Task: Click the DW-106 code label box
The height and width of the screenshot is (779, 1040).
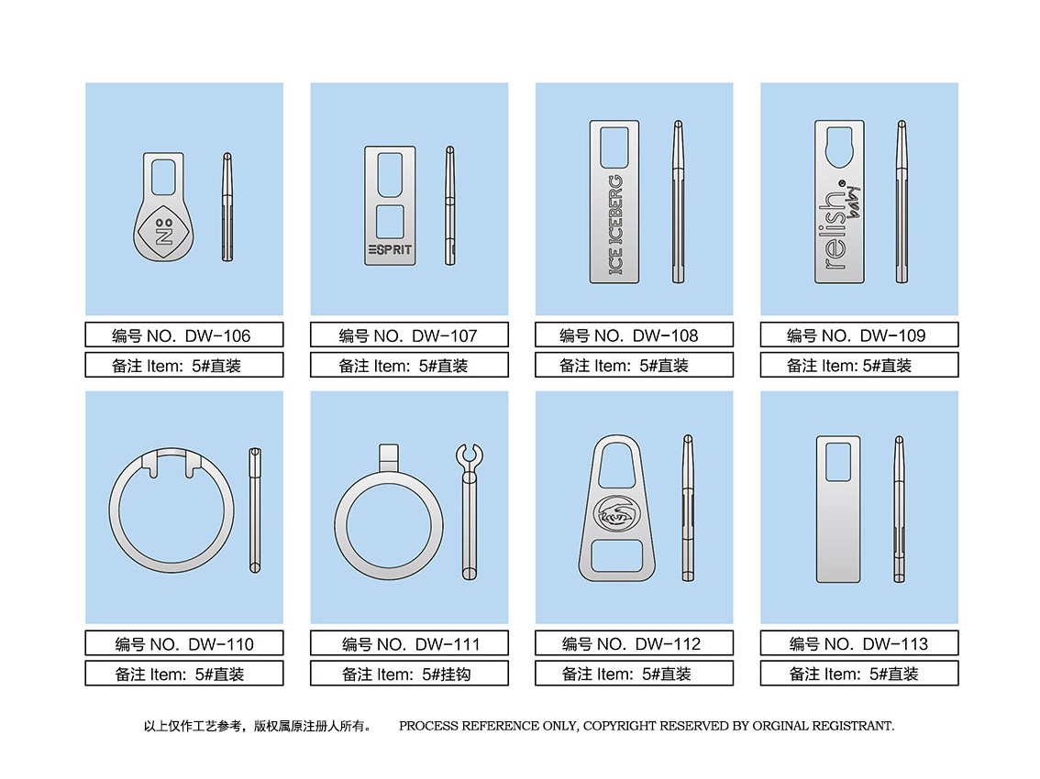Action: click(x=184, y=335)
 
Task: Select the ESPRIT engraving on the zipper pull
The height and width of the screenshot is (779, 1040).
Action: click(x=390, y=250)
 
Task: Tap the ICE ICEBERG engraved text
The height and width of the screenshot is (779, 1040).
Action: click(x=615, y=225)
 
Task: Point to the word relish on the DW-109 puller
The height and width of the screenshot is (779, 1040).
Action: click(x=835, y=231)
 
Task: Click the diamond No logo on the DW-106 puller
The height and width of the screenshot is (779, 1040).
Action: click(x=163, y=232)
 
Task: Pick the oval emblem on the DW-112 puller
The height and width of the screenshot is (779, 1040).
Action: click(x=616, y=513)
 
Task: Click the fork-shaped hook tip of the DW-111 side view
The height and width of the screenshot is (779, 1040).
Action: click(x=470, y=456)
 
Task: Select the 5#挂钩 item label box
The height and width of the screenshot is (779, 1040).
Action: click(x=409, y=674)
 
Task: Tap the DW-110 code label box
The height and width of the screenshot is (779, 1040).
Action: click(x=184, y=643)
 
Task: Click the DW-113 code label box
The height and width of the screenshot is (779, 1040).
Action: click(x=859, y=643)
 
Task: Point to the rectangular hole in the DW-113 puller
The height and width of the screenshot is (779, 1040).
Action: click(x=838, y=462)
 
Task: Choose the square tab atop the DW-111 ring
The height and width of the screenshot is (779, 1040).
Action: click(x=389, y=457)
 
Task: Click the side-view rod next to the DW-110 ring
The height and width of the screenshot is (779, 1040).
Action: click(x=255, y=510)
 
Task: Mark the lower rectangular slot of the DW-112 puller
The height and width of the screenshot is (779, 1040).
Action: click(x=617, y=555)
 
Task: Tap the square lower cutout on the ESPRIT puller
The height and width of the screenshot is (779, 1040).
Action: click(x=390, y=222)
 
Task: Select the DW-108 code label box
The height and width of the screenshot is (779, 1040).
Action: click(x=634, y=335)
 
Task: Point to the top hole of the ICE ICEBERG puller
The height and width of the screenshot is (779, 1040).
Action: click(x=614, y=148)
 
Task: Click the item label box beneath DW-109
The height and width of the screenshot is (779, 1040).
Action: click(x=859, y=365)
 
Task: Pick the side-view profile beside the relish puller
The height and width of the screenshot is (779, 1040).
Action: click(x=902, y=202)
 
